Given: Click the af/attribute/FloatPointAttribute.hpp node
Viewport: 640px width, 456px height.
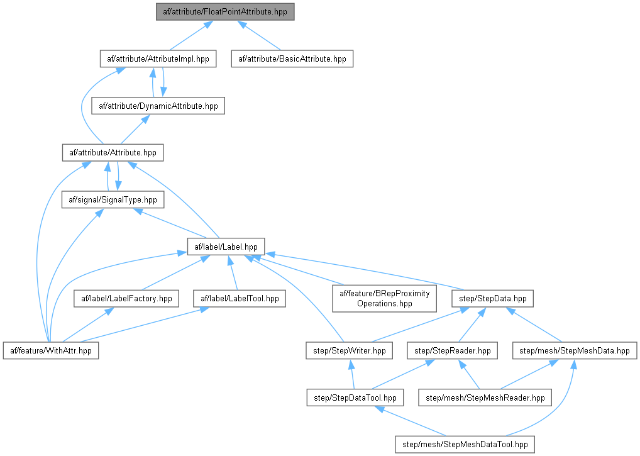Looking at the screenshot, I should [225, 11].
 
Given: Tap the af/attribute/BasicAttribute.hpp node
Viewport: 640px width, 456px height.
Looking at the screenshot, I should [292, 58].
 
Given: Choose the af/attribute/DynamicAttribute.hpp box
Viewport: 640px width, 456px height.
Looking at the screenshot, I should [158, 106].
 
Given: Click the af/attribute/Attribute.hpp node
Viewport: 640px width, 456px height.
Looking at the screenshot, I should [113, 152].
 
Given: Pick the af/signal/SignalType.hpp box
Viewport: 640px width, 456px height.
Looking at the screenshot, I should [113, 199].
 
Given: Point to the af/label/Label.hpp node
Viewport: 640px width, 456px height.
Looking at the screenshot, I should [226, 246].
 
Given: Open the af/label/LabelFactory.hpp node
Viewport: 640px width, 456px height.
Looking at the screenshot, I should [126, 298].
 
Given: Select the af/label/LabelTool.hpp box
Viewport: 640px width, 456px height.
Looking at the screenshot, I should [239, 298].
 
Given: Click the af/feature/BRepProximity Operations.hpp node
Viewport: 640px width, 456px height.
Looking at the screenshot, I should [384, 298].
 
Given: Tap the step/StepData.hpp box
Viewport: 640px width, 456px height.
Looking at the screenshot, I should [494, 298].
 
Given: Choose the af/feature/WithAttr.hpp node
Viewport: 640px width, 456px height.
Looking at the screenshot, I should [52, 350].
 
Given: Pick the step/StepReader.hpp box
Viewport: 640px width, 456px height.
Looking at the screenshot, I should [452, 350].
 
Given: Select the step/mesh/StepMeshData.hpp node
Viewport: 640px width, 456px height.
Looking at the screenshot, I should [575, 350].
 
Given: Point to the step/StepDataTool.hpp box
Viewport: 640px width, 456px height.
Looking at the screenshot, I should [355, 397].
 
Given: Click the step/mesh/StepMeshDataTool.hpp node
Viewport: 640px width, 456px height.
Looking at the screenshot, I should [465, 444].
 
